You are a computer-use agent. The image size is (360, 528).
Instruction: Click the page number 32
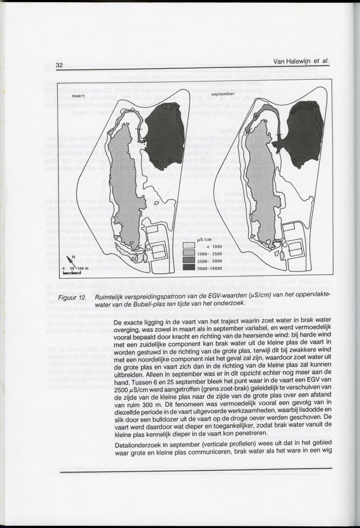[x=59, y=66]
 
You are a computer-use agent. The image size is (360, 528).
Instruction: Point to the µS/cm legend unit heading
[x=205, y=239]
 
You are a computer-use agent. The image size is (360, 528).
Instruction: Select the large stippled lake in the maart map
[x=123, y=185]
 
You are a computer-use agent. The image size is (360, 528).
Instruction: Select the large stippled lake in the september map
[x=262, y=185]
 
